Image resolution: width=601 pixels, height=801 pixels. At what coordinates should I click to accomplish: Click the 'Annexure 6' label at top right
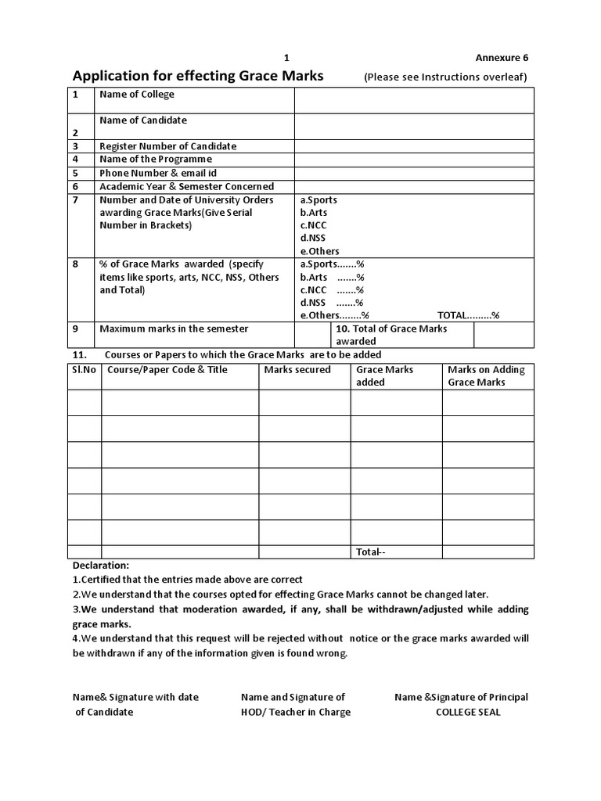(x=502, y=58)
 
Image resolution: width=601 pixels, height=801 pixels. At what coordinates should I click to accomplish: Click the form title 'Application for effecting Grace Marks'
(x=198, y=77)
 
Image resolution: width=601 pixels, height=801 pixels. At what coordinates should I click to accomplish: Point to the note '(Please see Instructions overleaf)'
(x=445, y=77)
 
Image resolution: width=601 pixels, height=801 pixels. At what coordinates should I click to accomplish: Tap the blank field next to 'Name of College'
(x=413, y=100)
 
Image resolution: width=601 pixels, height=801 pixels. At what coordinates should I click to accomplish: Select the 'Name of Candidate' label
(x=143, y=120)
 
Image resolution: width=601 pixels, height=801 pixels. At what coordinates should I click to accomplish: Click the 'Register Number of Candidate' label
(x=167, y=146)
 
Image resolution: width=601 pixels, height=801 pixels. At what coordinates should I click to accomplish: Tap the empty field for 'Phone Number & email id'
(x=413, y=173)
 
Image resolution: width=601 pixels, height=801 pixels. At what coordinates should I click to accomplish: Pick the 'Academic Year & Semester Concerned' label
(x=186, y=186)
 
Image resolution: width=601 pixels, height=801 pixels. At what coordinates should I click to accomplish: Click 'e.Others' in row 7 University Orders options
(x=319, y=251)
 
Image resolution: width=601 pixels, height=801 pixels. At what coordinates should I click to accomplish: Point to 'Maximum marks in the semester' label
(x=174, y=329)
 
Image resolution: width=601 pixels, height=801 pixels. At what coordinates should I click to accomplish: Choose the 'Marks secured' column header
(x=297, y=369)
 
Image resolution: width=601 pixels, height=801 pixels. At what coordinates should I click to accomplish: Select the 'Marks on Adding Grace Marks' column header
(x=486, y=375)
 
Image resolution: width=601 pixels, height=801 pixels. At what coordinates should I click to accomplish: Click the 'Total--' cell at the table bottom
(x=371, y=552)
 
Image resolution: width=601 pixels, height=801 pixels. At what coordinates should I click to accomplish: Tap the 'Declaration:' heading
(x=101, y=565)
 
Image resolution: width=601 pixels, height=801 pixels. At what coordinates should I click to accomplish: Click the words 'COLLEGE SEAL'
(x=467, y=712)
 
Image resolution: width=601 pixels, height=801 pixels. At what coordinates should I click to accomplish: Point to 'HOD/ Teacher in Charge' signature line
(x=296, y=712)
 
